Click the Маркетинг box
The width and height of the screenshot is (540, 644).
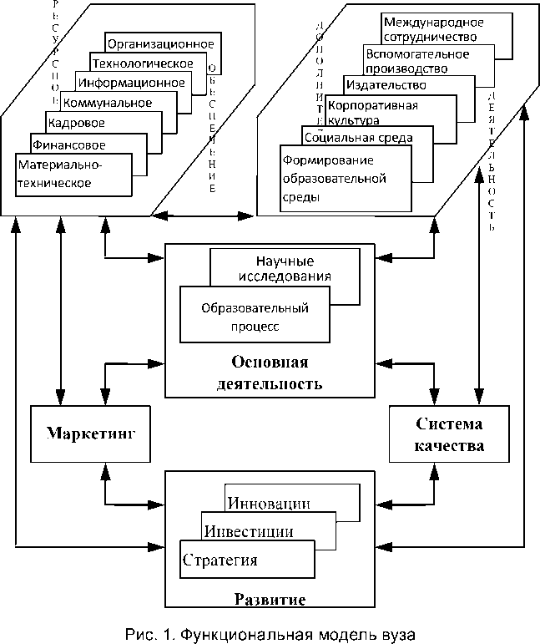click(91, 434)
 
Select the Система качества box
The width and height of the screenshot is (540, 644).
click(448, 434)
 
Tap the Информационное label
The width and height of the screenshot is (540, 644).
click(131, 83)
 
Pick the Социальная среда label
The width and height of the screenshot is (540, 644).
click(358, 138)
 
